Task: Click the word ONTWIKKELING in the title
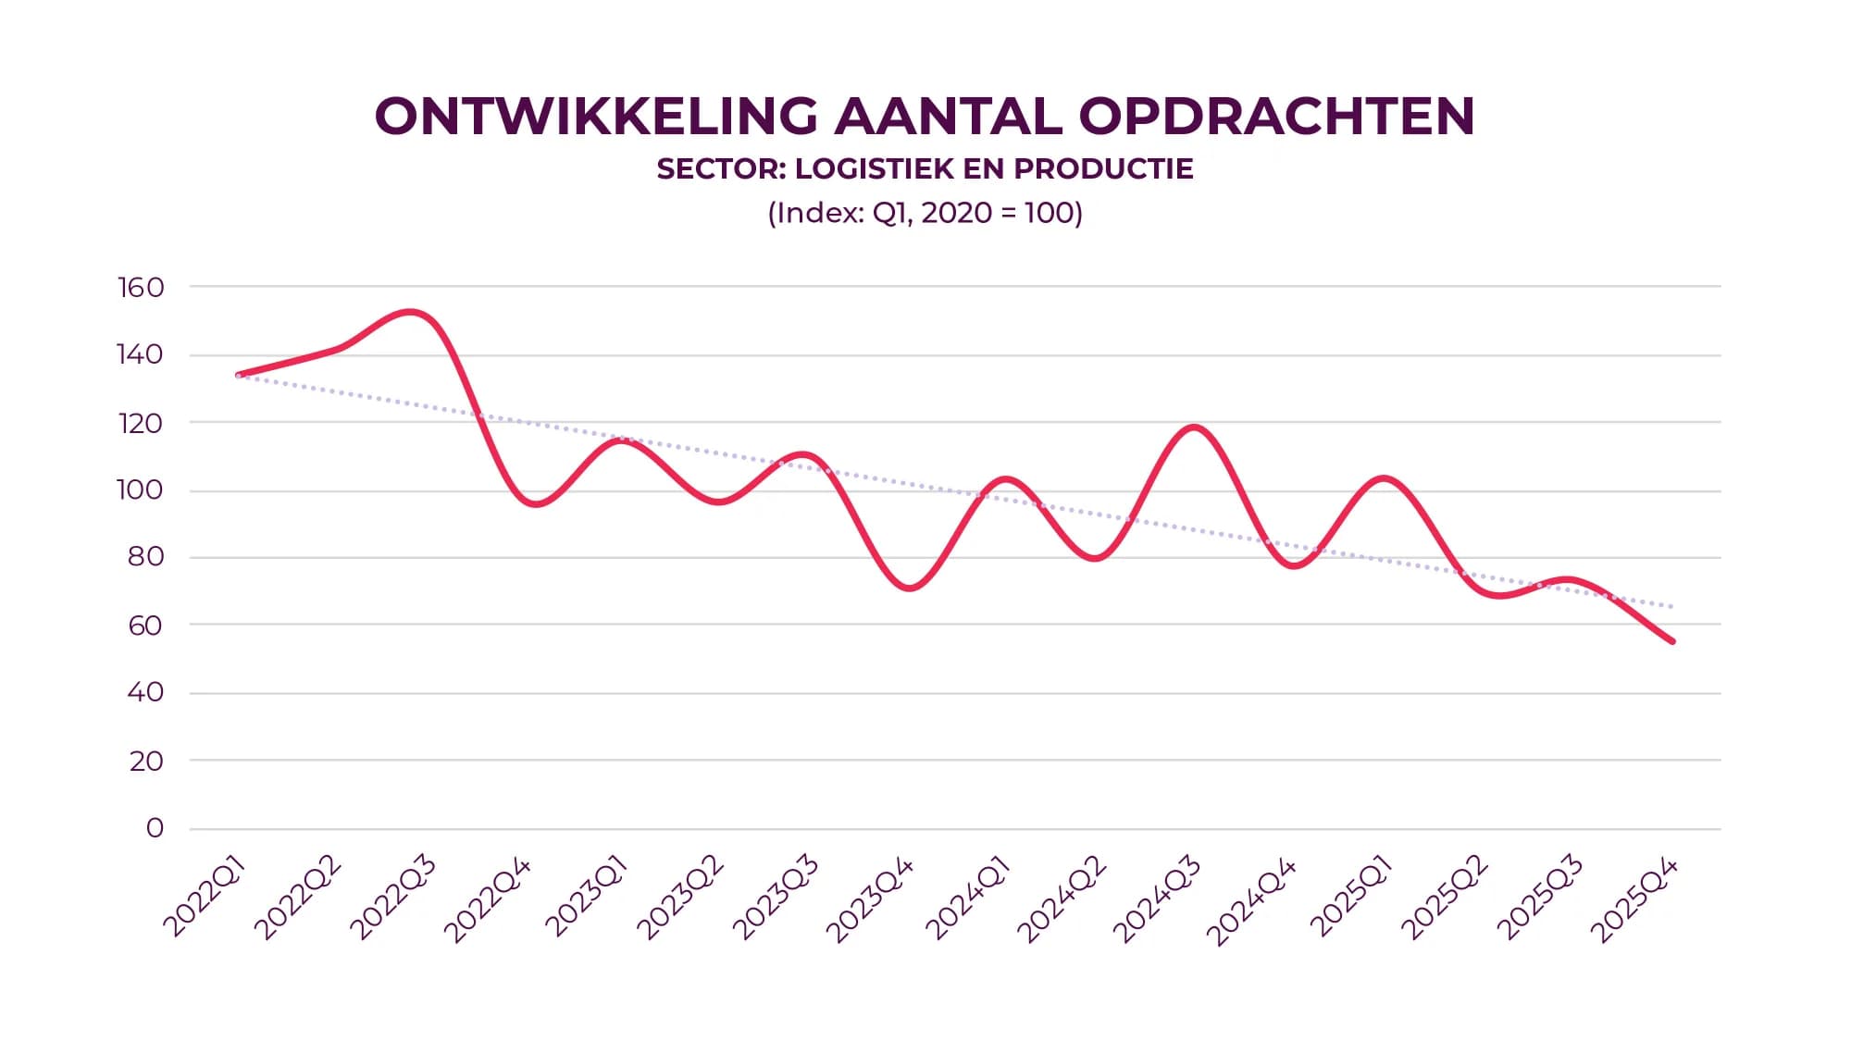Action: click(x=596, y=117)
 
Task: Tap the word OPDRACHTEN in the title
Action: click(x=1276, y=117)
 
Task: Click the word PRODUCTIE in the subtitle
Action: click(x=1103, y=169)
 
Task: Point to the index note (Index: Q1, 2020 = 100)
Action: click(x=925, y=213)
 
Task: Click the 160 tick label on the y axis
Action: click(x=141, y=288)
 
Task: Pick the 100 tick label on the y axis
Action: click(x=140, y=490)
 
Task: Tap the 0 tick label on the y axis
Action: click(x=155, y=828)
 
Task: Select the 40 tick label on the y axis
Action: click(x=145, y=692)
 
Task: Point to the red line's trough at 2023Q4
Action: click(x=910, y=588)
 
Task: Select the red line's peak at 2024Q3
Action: click(x=1194, y=428)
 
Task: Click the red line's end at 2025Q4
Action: click(x=1671, y=640)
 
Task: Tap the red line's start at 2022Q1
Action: click(x=239, y=375)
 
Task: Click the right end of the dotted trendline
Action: click(x=1671, y=606)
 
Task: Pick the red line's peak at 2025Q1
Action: click(x=1384, y=478)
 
